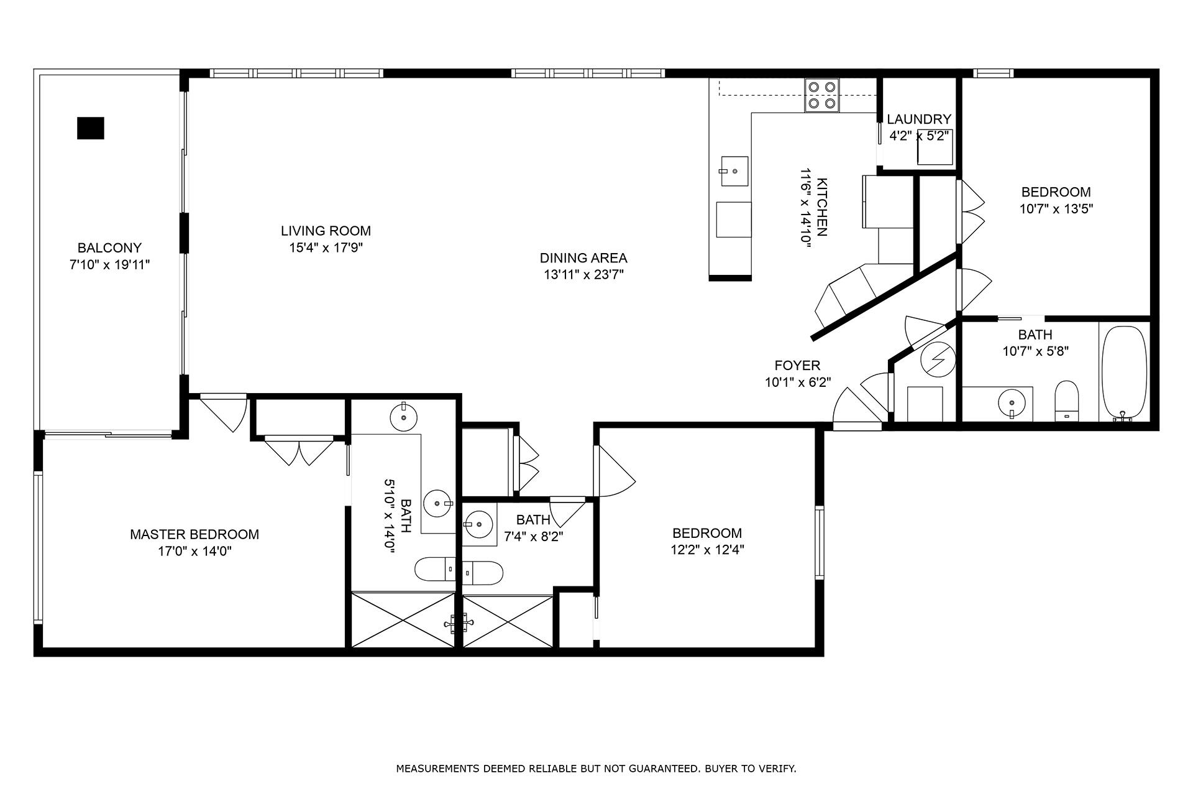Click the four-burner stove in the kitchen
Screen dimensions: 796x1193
pyautogui.click(x=821, y=95)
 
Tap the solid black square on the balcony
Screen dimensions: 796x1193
pyautogui.click(x=91, y=128)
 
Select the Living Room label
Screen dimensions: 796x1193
pyautogui.click(x=326, y=231)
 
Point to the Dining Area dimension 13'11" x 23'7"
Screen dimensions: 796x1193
pyautogui.click(x=583, y=275)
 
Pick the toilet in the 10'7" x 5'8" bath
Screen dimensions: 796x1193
pyautogui.click(x=1067, y=401)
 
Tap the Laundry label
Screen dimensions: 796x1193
pyautogui.click(x=918, y=119)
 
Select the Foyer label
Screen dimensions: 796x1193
pyautogui.click(x=797, y=366)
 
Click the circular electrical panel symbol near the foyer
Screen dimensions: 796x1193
pyautogui.click(x=936, y=359)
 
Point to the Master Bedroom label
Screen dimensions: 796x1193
pyautogui.click(x=194, y=534)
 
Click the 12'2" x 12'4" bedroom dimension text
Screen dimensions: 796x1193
pyautogui.click(x=707, y=550)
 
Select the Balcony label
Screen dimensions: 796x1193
pyautogui.click(x=109, y=248)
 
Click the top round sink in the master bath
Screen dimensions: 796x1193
pyautogui.click(x=405, y=415)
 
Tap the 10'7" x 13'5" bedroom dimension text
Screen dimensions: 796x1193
pyautogui.click(x=1056, y=209)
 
